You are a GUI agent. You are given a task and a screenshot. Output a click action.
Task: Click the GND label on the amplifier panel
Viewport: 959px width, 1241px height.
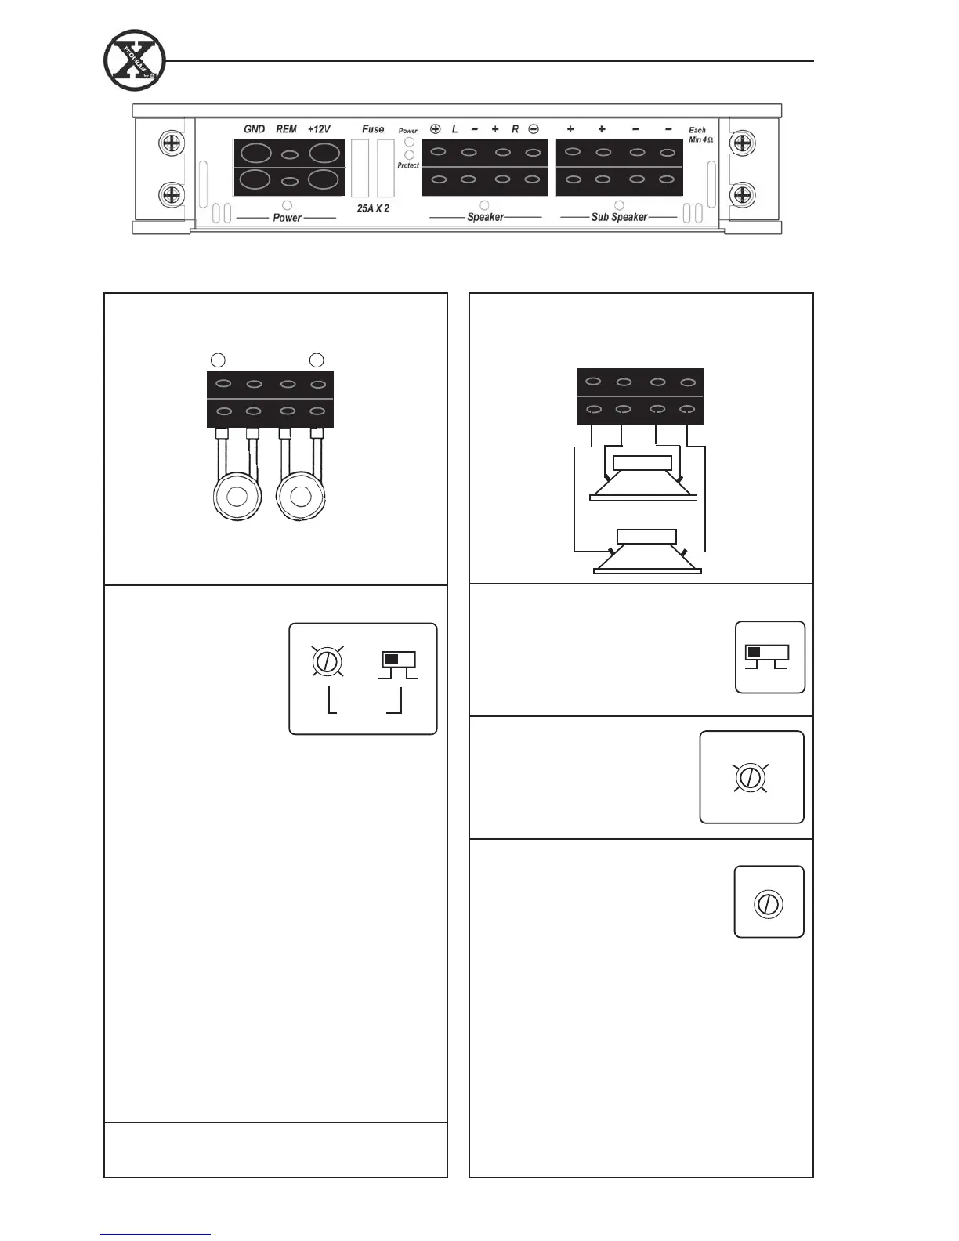tap(254, 129)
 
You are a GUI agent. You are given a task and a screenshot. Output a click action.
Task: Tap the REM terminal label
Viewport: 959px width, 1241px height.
tap(286, 129)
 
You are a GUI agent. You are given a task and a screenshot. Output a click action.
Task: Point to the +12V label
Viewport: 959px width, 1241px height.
tap(319, 129)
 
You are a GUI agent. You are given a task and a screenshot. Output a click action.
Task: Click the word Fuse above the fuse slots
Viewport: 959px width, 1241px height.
tap(373, 129)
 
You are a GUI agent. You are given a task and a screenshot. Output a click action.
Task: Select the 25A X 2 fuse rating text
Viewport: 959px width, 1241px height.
tap(373, 209)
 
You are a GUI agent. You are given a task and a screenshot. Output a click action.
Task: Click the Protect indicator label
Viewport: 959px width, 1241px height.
tap(408, 166)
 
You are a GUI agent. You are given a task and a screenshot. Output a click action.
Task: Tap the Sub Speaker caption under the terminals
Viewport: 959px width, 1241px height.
tap(619, 217)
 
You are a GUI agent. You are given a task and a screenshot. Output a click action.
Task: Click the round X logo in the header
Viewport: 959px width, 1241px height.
tap(134, 60)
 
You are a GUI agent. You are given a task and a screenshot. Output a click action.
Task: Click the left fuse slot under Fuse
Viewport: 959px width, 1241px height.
tap(360, 168)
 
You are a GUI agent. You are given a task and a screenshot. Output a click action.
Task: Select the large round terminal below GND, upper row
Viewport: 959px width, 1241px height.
tap(256, 152)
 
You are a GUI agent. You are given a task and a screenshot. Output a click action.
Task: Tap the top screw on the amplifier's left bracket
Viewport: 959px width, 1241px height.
tap(172, 143)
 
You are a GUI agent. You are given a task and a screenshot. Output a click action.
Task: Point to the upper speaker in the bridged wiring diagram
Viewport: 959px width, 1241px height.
tap(643, 478)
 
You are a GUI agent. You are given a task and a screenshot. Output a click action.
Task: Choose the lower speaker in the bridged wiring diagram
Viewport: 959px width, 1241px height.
tap(647, 552)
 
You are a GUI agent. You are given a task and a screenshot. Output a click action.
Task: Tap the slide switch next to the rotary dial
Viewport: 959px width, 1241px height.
tap(398, 660)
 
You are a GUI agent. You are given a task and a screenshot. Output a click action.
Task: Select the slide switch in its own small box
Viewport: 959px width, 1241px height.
tap(767, 653)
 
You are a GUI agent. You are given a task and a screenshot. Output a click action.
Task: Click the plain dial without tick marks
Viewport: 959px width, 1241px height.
tap(769, 904)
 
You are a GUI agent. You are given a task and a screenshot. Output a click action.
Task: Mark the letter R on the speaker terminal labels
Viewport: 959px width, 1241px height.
tap(515, 129)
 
